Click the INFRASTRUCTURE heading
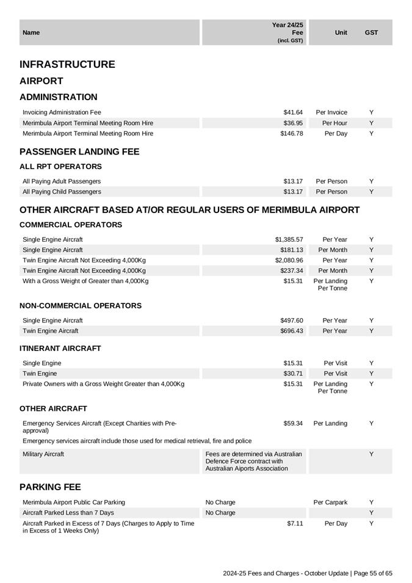coord(67,65)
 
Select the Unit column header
coord(341,32)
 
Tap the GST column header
coord(371,32)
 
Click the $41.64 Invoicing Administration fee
coord(293,112)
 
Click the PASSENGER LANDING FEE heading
coord(79,152)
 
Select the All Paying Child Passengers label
coord(62,192)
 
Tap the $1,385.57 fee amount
coord(289,239)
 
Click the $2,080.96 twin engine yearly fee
coord(289,260)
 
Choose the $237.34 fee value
coord(291,270)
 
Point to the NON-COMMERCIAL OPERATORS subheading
coord(81,306)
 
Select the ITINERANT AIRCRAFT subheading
coord(60,349)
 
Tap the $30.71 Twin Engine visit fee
coord(293,373)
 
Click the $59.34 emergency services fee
coord(293,423)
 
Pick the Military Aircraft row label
coord(43,454)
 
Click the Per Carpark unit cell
coord(330,502)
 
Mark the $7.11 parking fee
coord(295,523)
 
